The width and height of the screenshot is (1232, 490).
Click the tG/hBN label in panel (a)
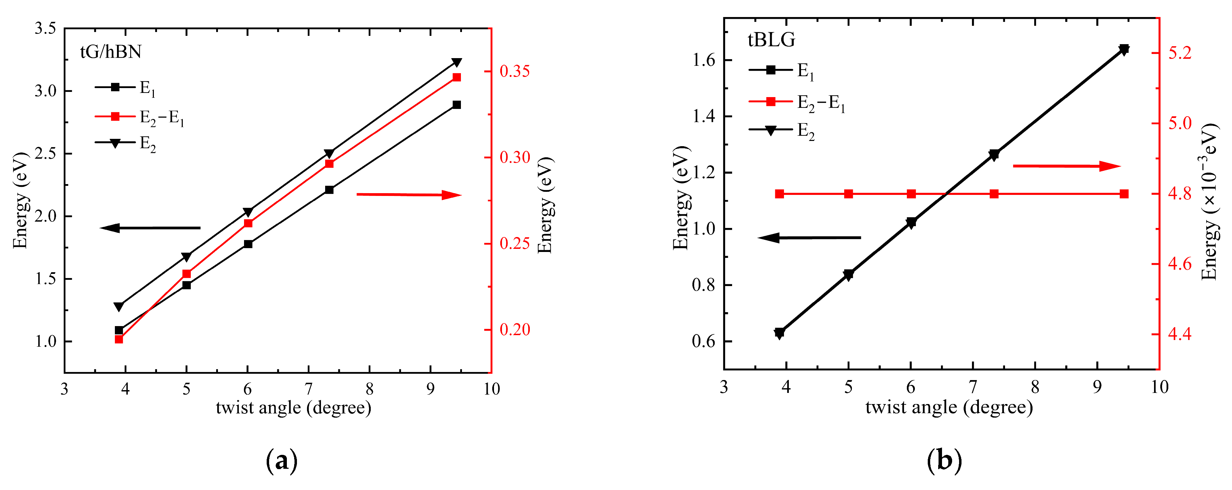[110, 52]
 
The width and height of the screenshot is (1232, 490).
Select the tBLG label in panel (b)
[771, 40]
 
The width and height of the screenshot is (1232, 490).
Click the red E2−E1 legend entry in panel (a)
[139, 117]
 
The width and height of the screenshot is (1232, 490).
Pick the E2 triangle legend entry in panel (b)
[782, 131]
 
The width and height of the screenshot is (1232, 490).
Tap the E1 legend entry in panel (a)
[125, 88]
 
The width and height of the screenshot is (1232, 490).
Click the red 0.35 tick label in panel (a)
[515, 72]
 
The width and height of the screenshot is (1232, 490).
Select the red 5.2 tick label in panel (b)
[1180, 53]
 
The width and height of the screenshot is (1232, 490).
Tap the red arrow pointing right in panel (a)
[409, 195]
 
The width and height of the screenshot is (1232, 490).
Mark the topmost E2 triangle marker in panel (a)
[457, 63]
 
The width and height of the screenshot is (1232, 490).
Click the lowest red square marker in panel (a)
[119, 339]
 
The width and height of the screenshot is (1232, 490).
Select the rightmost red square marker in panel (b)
[1124, 193]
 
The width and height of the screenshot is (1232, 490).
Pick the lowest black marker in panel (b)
[779, 333]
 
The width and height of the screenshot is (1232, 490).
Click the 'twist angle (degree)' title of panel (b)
[949, 407]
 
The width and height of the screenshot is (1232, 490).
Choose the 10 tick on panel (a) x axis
[491, 389]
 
